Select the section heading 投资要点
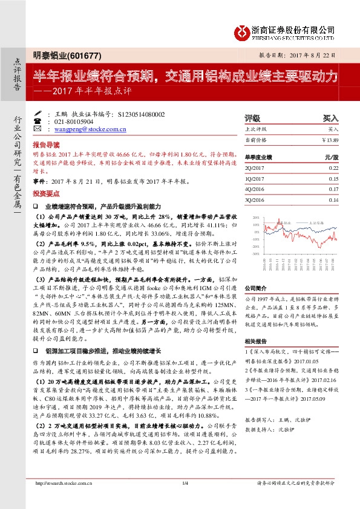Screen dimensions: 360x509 coord(47,193)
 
